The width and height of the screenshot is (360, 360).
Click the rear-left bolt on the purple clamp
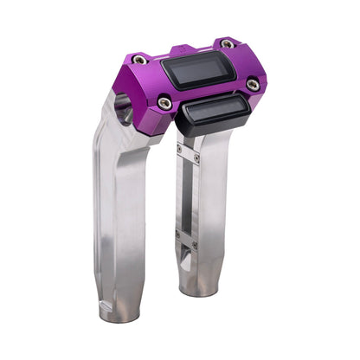point(139,60)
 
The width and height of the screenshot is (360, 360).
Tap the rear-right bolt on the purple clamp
point(227,44)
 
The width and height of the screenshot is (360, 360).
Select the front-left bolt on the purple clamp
point(164,103)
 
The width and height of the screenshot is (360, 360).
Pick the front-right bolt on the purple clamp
point(252,85)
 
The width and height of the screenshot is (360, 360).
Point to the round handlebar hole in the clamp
point(124,110)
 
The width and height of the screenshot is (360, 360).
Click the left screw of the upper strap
point(179,147)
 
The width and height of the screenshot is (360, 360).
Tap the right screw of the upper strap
point(197,158)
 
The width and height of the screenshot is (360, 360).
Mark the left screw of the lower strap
point(179,230)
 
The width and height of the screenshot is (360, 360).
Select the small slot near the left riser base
point(106,305)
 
